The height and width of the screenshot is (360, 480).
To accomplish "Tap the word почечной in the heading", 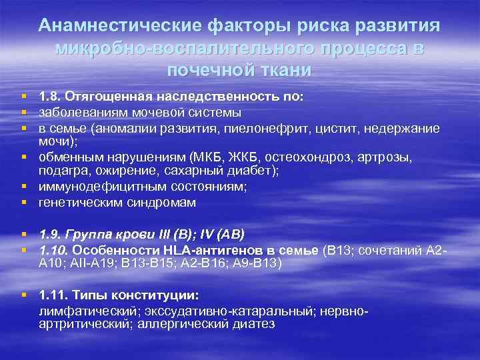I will [207, 70].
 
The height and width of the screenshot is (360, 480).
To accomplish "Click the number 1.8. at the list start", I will [51, 98].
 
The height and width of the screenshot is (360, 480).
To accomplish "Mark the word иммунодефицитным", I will [93, 188].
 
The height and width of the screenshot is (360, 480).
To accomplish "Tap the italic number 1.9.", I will [51, 235].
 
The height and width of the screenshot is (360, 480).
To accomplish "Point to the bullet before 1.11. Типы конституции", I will [24, 295].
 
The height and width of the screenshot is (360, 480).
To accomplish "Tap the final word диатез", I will [255, 324].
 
